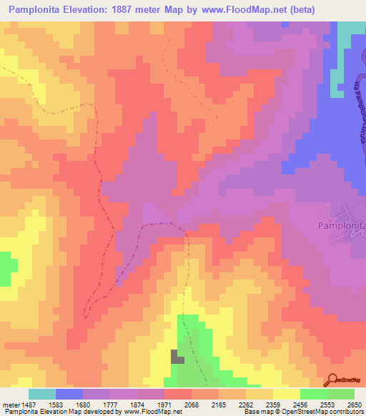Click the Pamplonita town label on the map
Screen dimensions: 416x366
340,225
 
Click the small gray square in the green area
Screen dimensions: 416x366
176,356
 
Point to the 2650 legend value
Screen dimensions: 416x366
355,404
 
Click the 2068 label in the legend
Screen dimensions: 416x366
192,404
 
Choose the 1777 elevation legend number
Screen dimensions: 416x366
109,404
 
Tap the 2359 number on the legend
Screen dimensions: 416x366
273,404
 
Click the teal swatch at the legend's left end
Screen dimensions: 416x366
42,394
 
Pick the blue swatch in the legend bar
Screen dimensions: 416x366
69,394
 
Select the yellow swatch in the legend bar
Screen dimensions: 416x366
286,394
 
